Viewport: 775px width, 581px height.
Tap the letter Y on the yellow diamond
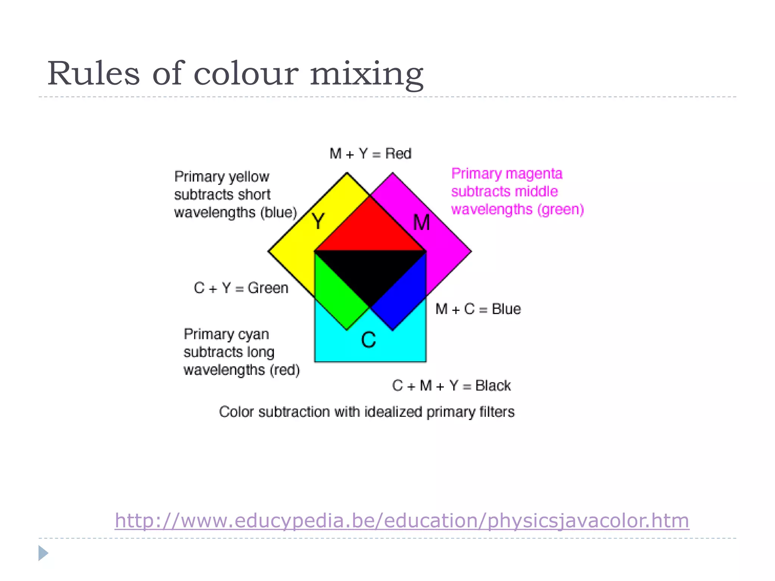point(318,221)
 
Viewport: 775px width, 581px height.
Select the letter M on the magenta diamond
point(422,222)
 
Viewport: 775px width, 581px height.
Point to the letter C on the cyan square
point(368,340)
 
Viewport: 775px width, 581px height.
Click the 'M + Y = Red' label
point(370,154)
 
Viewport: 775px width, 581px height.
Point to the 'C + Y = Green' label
point(241,288)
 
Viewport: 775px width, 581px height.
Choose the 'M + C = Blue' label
point(478,309)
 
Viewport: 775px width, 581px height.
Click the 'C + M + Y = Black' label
point(451,386)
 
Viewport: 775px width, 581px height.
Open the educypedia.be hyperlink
point(402,520)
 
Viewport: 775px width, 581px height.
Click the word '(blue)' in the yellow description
point(279,213)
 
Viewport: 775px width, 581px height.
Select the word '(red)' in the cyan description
point(285,370)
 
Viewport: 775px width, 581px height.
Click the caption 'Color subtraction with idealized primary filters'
point(367,412)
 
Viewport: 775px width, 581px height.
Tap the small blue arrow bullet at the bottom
point(43,553)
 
